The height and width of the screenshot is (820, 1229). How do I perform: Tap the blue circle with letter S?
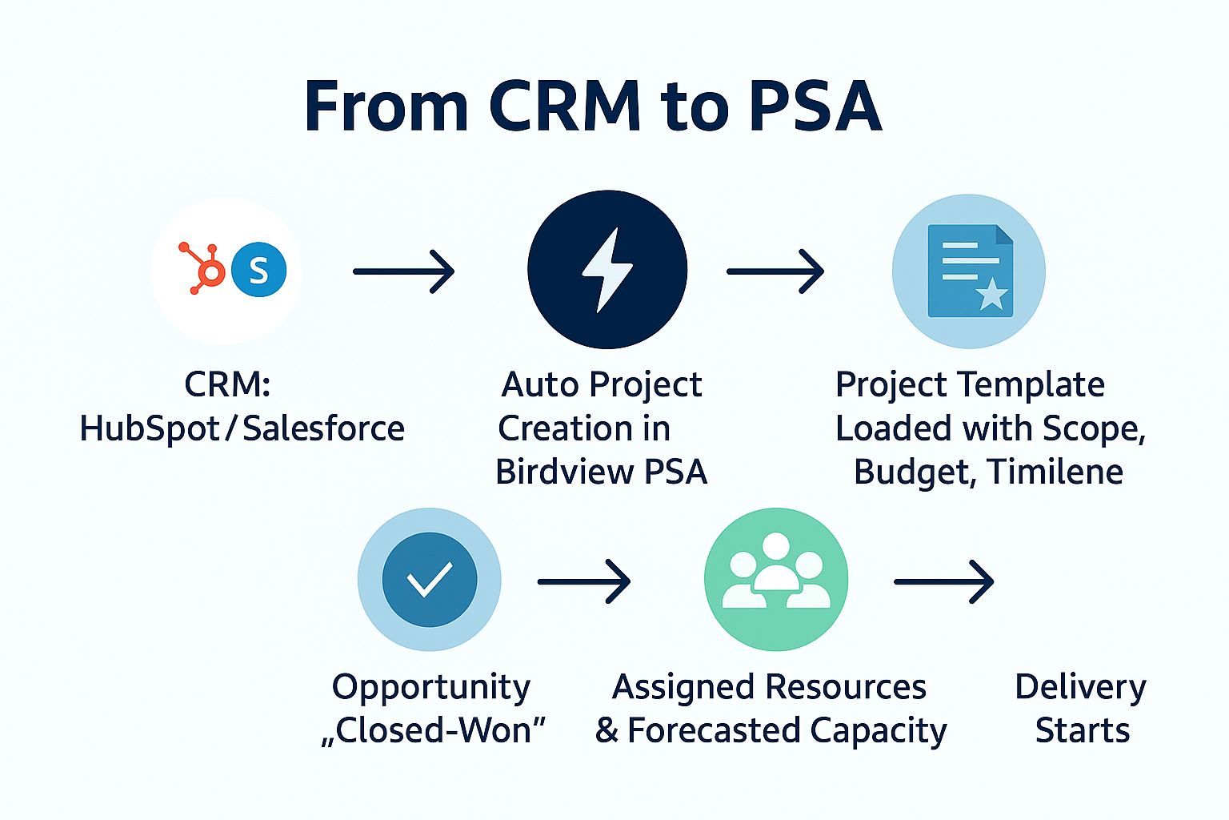pos(259,270)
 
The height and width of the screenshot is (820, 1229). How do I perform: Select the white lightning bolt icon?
pos(607,270)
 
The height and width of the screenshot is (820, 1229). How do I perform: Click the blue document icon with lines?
pos(970,271)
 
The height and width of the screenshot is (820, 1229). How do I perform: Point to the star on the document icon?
pos(992,295)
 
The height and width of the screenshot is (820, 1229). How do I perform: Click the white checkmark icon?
pos(430,579)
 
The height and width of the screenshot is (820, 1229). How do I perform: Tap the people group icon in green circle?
pos(776,571)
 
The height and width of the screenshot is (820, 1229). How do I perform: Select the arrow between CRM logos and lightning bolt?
pos(404,271)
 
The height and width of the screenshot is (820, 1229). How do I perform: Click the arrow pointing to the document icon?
pos(775,271)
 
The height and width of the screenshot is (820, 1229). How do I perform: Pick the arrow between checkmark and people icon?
pos(584,581)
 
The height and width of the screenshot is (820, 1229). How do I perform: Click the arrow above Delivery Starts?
pos(944,581)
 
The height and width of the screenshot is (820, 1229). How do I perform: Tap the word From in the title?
pos(386,107)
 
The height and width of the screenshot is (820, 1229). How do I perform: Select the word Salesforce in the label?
pos(324,428)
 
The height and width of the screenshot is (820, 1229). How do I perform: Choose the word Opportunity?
pos(431,689)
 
